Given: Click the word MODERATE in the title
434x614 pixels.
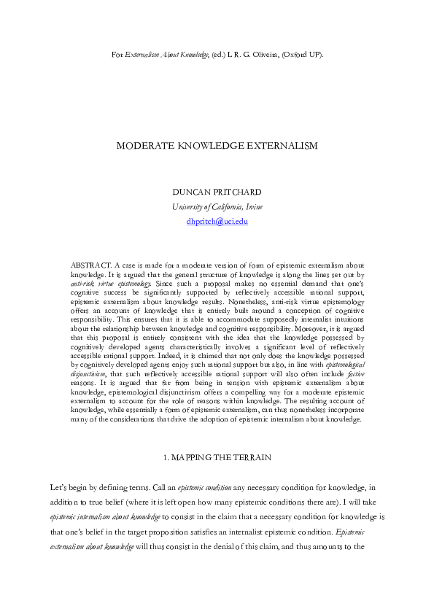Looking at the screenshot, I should tap(142, 146).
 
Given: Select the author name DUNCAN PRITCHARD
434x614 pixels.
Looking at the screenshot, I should tap(217, 192).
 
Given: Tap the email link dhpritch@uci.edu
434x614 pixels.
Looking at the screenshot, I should tap(217, 221).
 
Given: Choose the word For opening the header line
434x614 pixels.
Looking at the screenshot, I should tap(117, 55).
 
